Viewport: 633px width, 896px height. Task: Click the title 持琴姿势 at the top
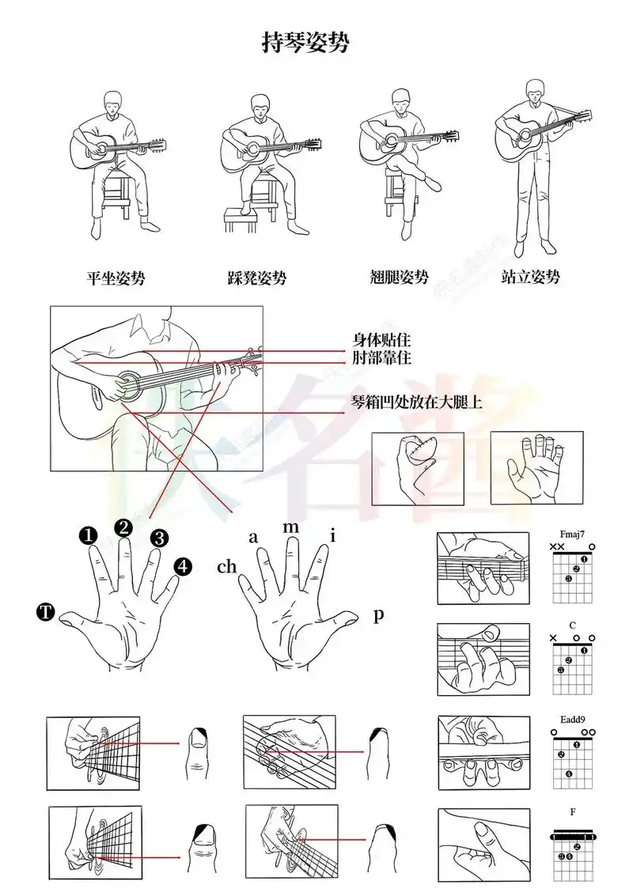pos(305,43)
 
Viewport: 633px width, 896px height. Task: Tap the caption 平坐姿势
pos(116,278)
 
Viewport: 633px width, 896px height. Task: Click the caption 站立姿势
pos(531,277)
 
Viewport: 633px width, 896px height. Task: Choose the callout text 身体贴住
pos(381,341)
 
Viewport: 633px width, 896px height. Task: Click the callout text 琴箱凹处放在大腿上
pos(417,403)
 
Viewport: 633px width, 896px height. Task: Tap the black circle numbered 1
pos(88,537)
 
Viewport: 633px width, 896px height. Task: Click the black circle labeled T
pos(46,611)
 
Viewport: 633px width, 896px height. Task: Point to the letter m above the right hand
pos(291,527)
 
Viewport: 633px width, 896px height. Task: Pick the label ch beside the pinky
pos(227,567)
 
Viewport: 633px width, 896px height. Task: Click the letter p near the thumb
pos(378,614)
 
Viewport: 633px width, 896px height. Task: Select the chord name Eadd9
pos(571,720)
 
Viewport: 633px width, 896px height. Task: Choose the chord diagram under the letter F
pos(572,850)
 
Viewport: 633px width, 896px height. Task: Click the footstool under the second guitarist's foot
pos(240,218)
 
